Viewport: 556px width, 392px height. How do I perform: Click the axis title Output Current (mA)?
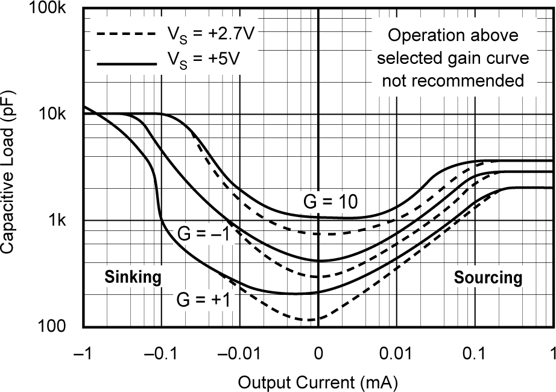(318, 381)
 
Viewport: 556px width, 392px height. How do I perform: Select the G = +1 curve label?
(203, 299)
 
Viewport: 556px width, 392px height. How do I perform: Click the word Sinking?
(133, 277)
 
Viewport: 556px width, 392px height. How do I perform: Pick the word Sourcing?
(487, 277)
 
